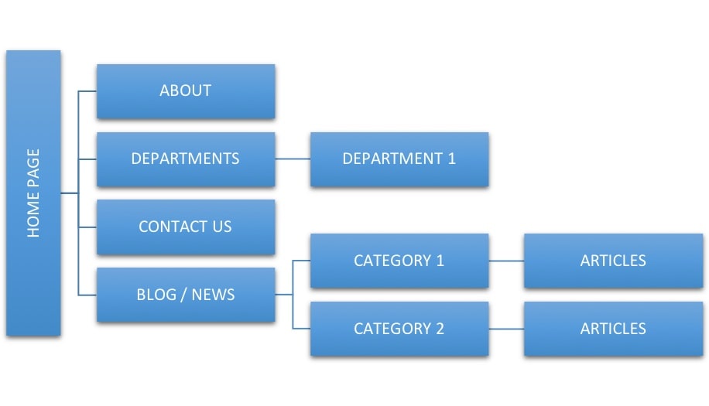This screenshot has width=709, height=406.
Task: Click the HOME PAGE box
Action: pos(33,193)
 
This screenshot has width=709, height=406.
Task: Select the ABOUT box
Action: pos(185,91)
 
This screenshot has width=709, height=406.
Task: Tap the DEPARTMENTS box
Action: pos(185,159)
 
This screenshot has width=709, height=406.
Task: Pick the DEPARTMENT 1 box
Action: pos(399,159)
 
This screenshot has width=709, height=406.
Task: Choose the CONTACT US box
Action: pos(185,227)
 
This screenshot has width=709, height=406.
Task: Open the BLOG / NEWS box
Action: pos(185,295)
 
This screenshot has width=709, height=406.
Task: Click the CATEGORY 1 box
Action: pos(399,261)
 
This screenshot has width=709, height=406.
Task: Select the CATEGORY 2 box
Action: pos(399,329)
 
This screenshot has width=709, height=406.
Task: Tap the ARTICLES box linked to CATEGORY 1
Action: pos(613,261)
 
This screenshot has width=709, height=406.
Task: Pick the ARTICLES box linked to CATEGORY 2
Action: pos(613,329)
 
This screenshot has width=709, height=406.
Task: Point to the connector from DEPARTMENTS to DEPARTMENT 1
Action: pos(293,159)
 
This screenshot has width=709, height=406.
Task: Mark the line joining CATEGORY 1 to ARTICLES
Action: pos(506,261)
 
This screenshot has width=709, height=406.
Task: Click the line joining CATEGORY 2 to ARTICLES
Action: pos(506,329)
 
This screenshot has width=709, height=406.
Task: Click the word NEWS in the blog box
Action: pos(213,295)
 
